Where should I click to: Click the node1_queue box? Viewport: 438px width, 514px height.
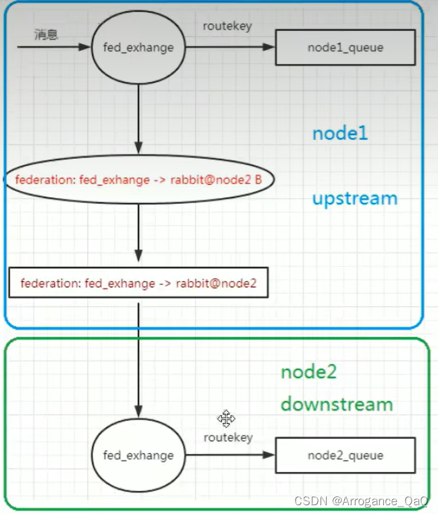pos(345,47)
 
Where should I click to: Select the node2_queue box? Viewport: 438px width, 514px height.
pos(345,455)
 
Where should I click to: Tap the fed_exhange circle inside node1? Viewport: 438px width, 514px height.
pos(138,48)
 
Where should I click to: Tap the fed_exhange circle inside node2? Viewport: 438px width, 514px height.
pos(138,455)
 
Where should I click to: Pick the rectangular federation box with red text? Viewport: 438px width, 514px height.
pos(138,282)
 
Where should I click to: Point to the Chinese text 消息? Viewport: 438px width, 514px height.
pos(47,34)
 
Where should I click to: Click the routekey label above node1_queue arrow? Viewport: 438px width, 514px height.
pos(227,26)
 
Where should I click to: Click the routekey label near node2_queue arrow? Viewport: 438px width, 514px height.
pos(228,438)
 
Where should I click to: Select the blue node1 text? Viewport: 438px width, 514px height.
pos(339,133)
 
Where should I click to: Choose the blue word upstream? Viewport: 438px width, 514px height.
pos(354,199)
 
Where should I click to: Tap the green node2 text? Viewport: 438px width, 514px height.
pos(308,371)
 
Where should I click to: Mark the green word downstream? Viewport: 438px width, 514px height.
pos(336,405)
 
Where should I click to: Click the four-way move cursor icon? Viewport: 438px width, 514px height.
pos(226,419)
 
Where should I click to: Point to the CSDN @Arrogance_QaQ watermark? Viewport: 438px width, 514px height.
pos(361,500)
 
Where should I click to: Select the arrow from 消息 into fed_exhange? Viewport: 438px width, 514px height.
pos(54,47)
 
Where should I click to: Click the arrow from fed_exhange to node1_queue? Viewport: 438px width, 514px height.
pos(230,47)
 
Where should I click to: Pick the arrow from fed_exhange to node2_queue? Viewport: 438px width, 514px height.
pos(230,455)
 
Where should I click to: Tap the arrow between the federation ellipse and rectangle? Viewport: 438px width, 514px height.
pos(138,233)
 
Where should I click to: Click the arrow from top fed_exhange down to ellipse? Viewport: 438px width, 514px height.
pos(138,119)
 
